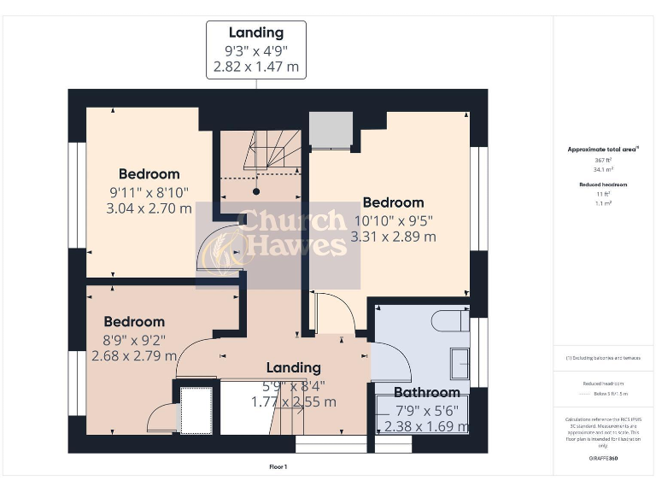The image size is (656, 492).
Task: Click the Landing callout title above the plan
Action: click(256, 33)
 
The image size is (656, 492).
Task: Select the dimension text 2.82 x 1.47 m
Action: click(256, 67)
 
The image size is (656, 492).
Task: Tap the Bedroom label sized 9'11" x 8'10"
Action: click(149, 174)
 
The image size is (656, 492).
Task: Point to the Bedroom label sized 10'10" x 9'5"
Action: click(393, 202)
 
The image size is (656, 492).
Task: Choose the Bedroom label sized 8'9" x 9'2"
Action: click(134, 322)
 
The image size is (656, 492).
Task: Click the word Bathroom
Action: click(426, 393)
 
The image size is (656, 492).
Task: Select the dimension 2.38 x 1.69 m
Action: click(426, 426)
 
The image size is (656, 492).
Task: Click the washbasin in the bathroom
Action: click(459, 364)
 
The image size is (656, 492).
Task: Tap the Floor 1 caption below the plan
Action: click(278, 467)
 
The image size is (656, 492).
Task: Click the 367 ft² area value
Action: click(603, 160)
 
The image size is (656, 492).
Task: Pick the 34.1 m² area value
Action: click(603, 169)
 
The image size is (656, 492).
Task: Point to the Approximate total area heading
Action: click(603, 149)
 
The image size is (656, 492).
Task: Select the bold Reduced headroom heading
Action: click(603, 184)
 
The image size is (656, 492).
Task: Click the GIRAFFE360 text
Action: click(603, 460)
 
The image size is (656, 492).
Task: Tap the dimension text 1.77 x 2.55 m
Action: click(293, 401)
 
